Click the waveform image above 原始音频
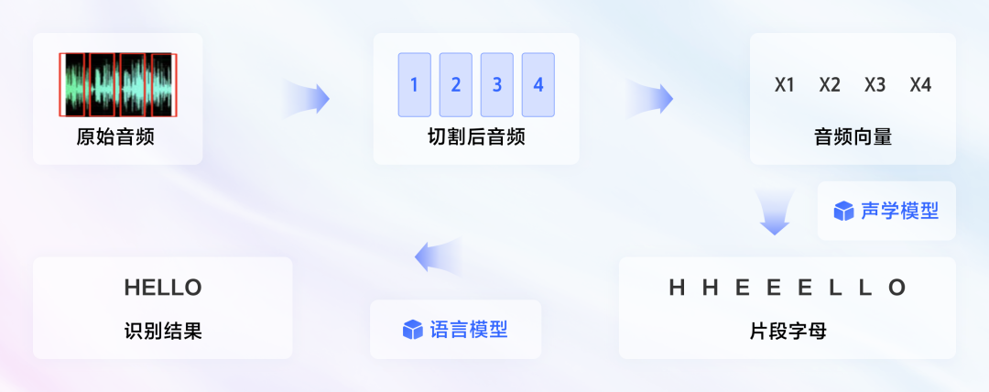pos(118,84)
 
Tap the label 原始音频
pos(115,137)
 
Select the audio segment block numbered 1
pos(415,84)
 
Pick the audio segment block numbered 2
pos(455,84)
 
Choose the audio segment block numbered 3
pos(497,84)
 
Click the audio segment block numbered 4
pos(538,84)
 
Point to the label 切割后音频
pos(476,137)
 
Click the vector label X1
pos(785,84)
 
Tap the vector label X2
pos(830,84)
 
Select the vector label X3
pos(875,84)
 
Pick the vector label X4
pos(920,84)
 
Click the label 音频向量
pos(853,137)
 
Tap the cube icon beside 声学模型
pos(843,212)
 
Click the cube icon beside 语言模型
pos(412,330)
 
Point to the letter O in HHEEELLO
pos(897,288)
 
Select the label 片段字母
pos(788,332)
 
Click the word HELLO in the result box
pos(163,288)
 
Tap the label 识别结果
pos(163,332)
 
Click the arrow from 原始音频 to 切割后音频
pos(307,99)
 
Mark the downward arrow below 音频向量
pos(775,211)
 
